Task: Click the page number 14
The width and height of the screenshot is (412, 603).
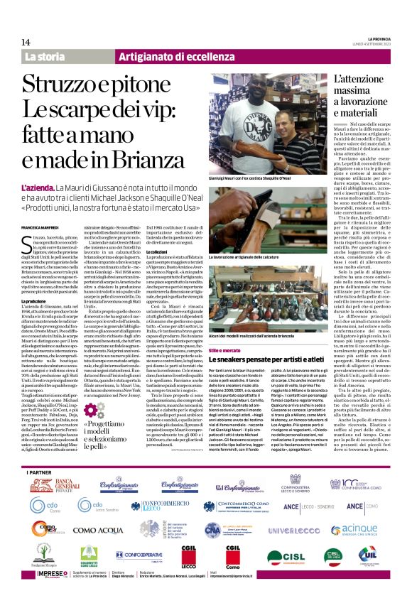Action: [26, 43]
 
